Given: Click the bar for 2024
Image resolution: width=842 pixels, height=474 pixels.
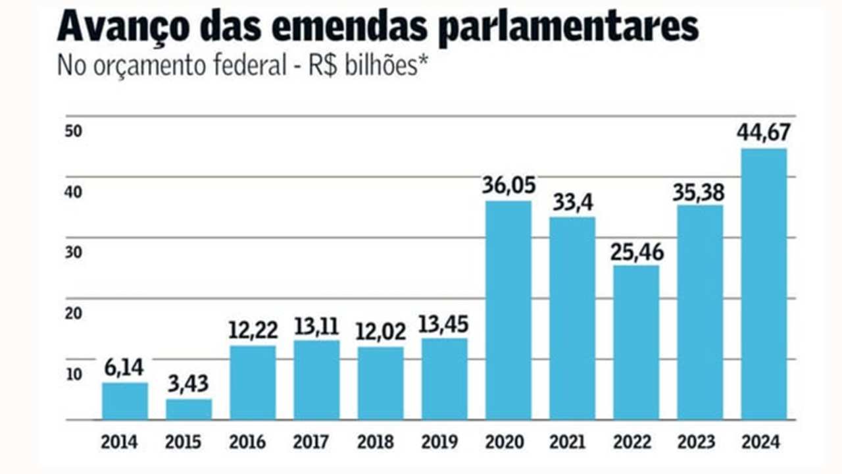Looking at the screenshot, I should pos(764,284).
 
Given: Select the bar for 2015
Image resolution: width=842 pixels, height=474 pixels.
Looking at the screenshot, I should pos(189,409).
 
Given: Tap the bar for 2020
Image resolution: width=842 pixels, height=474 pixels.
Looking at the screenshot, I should pos(508,310).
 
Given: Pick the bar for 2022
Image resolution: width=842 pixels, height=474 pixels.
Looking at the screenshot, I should pos(636,342).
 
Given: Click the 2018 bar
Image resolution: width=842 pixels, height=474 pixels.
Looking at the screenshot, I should pos(381,383).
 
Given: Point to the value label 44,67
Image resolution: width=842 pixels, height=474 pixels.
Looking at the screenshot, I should pos(764,132).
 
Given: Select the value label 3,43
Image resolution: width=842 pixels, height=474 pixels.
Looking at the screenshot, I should pos(189,384).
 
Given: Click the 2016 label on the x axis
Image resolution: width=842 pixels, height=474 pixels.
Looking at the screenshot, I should pos(253,442).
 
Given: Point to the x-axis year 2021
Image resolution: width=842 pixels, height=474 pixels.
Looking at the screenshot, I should pos(572,442).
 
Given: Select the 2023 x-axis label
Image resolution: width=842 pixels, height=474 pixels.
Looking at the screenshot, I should pos(700,442).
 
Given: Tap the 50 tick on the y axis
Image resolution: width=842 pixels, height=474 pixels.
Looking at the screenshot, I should pos(73,131).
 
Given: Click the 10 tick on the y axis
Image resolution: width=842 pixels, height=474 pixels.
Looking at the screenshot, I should pos(73,374).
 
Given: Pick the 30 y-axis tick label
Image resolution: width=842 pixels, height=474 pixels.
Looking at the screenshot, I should pos(73,253).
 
